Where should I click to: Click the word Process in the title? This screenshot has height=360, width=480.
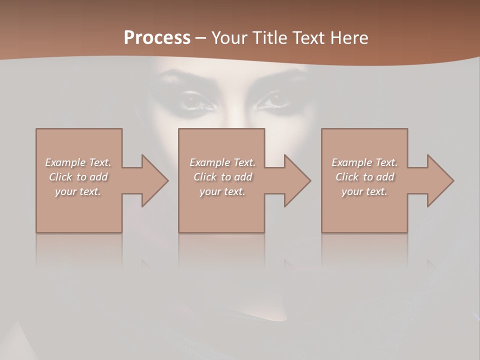pos(157,37)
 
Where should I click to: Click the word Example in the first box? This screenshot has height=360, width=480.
pos(65,162)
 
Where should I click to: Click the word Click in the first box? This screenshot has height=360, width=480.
pos(60,177)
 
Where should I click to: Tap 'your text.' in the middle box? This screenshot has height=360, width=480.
pos(222,191)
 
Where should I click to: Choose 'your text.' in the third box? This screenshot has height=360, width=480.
pos(364,191)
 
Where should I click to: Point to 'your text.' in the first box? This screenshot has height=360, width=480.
pos(77,191)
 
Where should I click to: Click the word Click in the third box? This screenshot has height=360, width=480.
pos(347,177)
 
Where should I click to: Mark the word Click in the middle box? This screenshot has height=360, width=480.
pos(205,177)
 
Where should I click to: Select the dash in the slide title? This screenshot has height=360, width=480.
pos(200,38)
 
